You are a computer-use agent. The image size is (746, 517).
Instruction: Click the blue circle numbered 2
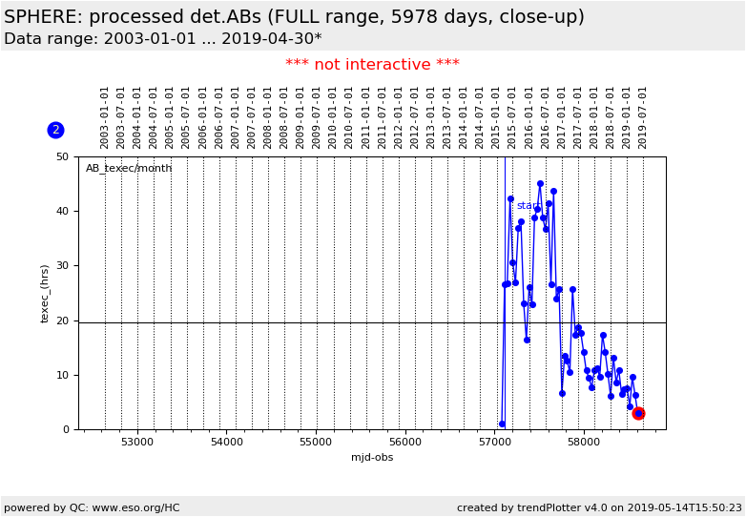tap(55, 130)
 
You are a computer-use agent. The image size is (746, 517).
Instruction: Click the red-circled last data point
tap(638, 413)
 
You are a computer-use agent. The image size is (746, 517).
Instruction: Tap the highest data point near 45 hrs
tap(540, 184)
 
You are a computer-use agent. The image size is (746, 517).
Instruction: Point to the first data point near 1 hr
tap(502, 424)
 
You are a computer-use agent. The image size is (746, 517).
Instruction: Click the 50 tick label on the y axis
tap(62, 156)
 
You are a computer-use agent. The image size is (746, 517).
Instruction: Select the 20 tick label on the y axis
tap(62, 321)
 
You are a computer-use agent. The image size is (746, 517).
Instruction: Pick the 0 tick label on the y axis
tap(65, 429)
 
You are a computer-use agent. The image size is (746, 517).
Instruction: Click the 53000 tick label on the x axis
tap(137, 443)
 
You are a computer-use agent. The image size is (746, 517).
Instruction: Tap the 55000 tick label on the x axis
tap(316, 443)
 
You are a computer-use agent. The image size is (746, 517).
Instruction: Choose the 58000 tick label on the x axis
tap(584, 443)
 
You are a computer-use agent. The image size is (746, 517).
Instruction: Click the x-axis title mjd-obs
tap(372, 458)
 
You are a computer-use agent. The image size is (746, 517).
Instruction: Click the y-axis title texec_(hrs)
tap(45, 293)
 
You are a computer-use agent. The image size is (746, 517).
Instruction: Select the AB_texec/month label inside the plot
tap(129, 169)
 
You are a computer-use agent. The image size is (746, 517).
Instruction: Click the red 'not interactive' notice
tap(372, 65)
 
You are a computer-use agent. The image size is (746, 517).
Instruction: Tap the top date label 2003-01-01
tap(105, 116)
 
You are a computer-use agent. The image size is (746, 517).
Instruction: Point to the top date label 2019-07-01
tap(643, 116)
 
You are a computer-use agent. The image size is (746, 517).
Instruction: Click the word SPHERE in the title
tap(41, 17)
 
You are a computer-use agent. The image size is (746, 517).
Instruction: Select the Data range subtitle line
tap(162, 39)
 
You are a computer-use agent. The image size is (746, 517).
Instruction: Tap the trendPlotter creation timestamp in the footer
tap(599, 508)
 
